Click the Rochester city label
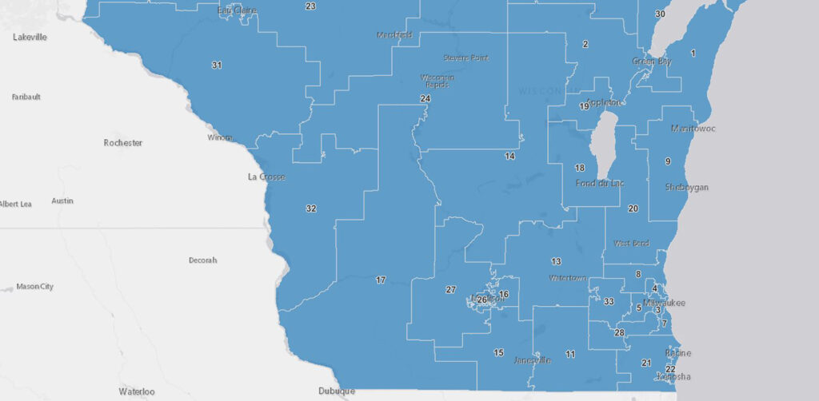click(123, 143)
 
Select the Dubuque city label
click(335, 391)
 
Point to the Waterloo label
click(136, 391)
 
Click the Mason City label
click(34, 286)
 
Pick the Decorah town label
click(202, 260)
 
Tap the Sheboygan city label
click(686, 187)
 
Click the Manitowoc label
click(693, 128)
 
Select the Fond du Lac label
click(599, 184)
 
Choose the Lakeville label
click(30, 37)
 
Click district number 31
click(217, 65)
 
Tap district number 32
click(311, 208)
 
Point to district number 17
click(381, 280)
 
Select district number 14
click(509, 157)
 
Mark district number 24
click(425, 98)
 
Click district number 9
click(668, 162)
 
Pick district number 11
click(570, 354)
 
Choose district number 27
click(451, 289)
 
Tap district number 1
click(693, 53)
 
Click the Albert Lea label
click(15, 204)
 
